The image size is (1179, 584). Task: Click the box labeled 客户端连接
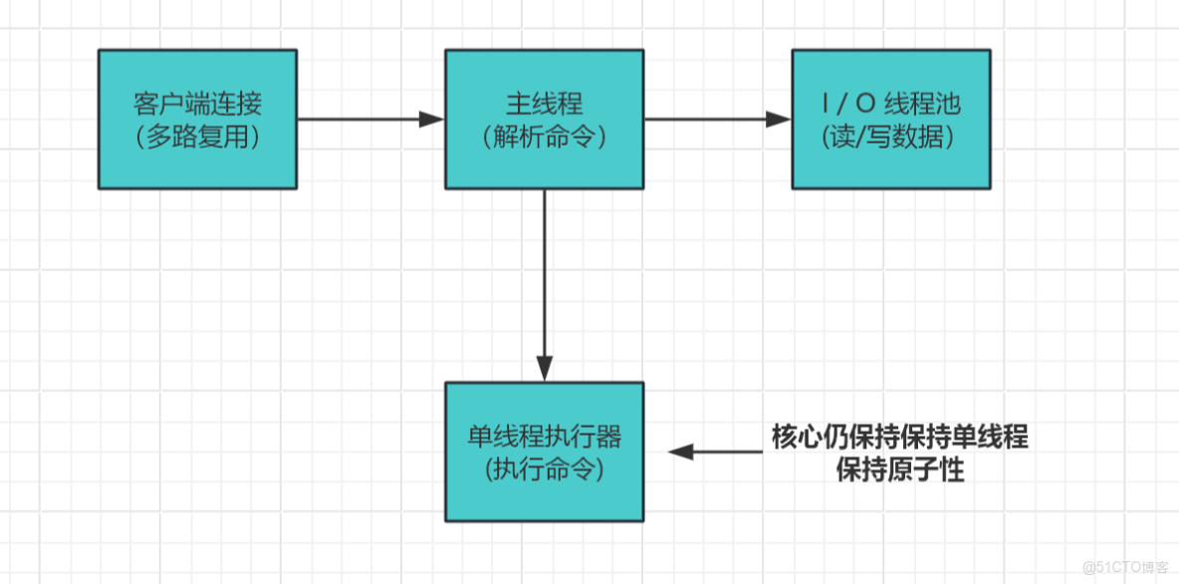[197, 119]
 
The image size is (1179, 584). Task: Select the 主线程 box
[544, 119]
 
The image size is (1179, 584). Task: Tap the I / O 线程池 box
[890, 119]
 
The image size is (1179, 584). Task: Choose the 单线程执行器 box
[544, 451]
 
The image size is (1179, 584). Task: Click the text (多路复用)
[197, 138]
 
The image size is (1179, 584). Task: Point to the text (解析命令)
[544, 138]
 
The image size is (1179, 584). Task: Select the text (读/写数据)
[890, 138]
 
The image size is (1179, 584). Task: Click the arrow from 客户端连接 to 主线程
[368, 119]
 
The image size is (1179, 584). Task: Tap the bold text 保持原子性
[899, 469]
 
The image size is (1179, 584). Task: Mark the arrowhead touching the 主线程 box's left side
[432, 119]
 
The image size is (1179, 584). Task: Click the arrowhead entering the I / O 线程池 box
[779, 119]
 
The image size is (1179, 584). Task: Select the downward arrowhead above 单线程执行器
[544, 369]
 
